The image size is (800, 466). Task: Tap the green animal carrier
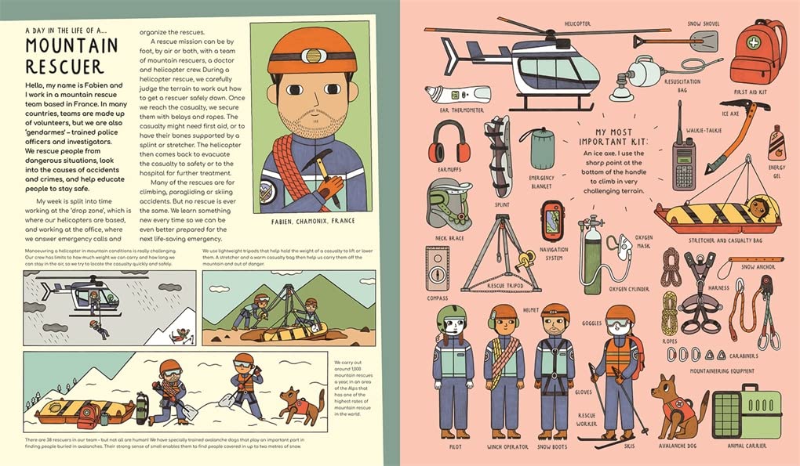(746, 410)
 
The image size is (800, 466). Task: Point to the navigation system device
(553, 222)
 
